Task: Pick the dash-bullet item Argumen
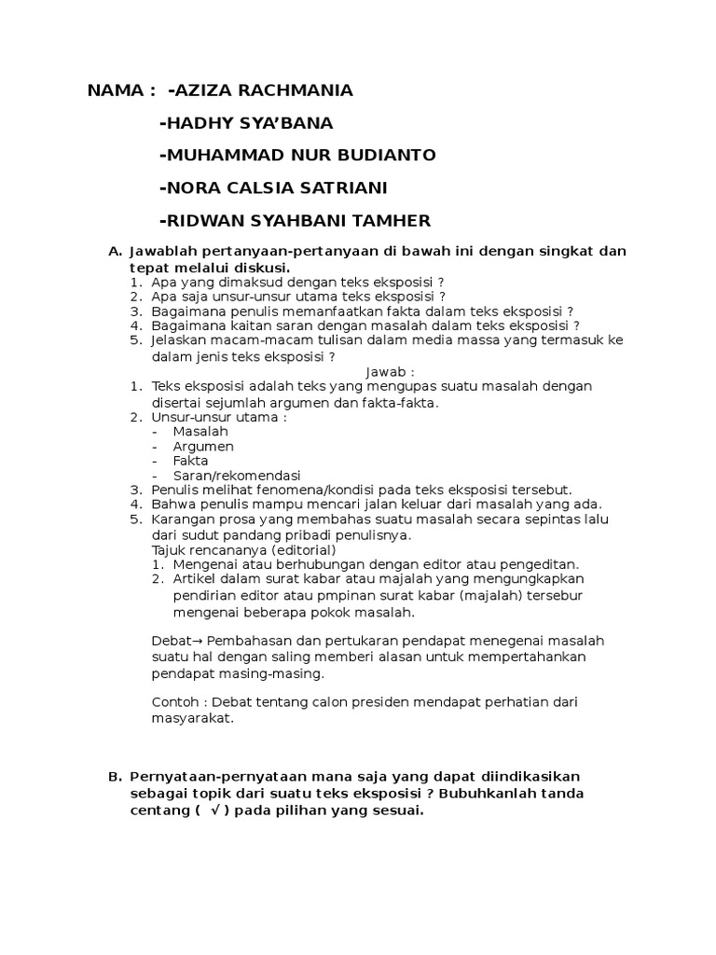(202, 446)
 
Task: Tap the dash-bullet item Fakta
(191, 461)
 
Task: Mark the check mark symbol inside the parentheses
(215, 810)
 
